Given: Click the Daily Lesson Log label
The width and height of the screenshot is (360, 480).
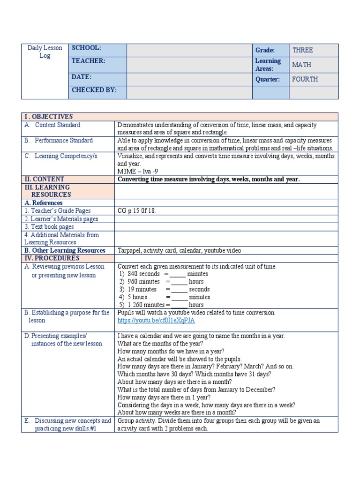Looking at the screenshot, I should pyautogui.click(x=45, y=52).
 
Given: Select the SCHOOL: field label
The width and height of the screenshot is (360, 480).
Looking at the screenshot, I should pyautogui.click(x=86, y=48).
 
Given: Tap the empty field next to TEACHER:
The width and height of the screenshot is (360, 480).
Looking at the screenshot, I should pyautogui.click(x=189, y=64).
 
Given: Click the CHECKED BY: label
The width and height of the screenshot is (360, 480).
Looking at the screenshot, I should pyautogui.click(x=94, y=90).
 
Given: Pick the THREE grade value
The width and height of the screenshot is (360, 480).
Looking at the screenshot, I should pyautogui.click(x=302, y=50).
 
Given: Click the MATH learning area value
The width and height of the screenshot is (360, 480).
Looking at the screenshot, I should pyautogui.click(x=301, y=65).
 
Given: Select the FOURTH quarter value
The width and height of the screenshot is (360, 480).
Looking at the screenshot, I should pyautogui.click(x=305, y=79).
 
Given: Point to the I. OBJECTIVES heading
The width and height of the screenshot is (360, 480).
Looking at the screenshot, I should pyautogui.click(x=49, y=116).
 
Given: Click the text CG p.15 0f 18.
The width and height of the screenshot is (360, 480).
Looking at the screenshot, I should pyautogui.click(x=136, y=211).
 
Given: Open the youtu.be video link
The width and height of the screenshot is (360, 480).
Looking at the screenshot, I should pyautogui.click(x=156, y=321).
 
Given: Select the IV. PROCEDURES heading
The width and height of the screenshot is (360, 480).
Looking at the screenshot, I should pyautogui.click(x=52, y=258).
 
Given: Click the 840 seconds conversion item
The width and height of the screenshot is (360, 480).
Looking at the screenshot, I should pyautogui.click(x=143, y=274).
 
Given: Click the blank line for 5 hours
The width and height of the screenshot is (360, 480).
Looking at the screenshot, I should pyautogui.click(x=179, y=297).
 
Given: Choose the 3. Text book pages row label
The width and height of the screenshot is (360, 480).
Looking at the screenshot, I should pyautogui.click(x=49, y=227).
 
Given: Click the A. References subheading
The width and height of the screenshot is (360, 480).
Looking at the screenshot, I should pyautogui.click(x=43, y=203).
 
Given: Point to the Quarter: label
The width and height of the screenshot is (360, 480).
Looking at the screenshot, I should pyautogui.click(x=268, y=79).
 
